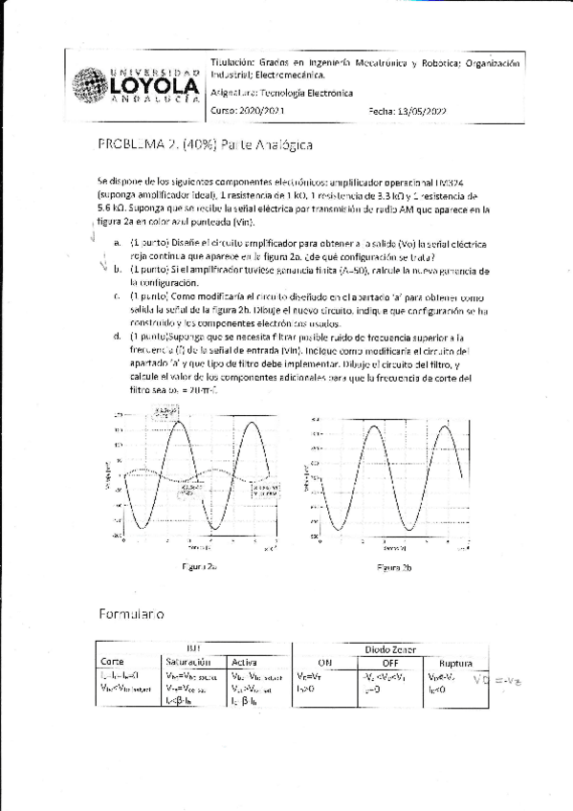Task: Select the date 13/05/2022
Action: point(420,111)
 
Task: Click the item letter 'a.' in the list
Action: point(117,243)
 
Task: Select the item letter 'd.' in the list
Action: point(117,337)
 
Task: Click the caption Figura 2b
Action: point(393,567)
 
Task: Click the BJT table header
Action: point(193,647)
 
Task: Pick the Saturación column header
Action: point(187,662)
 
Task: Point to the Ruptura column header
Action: point(456,663)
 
